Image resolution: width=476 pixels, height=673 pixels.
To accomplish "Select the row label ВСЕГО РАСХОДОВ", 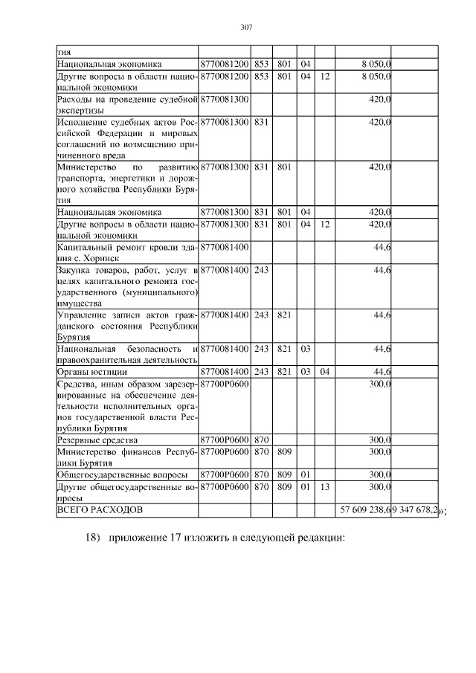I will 97,511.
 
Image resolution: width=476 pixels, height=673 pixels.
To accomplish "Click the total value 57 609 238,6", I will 365,511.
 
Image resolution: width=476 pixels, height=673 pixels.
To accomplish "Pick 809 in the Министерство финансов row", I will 283,451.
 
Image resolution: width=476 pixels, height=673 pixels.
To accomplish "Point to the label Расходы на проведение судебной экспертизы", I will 127,104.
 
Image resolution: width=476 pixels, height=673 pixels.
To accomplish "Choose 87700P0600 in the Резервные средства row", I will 224,439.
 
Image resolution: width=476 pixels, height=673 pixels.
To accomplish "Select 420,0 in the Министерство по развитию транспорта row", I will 380,167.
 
